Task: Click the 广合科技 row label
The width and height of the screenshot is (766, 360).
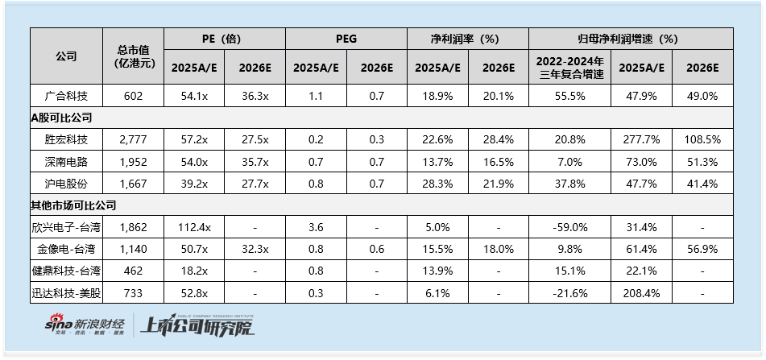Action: pos(67,97)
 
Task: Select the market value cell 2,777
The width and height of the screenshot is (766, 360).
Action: pos(133,139)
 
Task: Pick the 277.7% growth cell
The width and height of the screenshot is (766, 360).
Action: pos(641,139)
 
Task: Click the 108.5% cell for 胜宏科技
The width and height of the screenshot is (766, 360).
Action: pos(702,139)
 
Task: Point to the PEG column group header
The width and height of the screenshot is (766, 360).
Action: pos(346,39)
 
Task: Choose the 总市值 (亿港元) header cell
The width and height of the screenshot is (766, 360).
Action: pos(133,56)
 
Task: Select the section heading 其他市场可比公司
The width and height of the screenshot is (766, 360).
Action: pos(74,205)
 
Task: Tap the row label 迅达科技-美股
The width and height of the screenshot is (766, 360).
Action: pos(67,292)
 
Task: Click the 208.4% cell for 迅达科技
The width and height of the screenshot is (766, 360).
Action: pos(641,292)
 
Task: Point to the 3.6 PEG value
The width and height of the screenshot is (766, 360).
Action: pos(316,227)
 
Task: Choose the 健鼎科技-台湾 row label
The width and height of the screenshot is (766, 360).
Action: pos(67,271)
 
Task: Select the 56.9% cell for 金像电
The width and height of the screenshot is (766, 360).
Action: pos(702,249)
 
